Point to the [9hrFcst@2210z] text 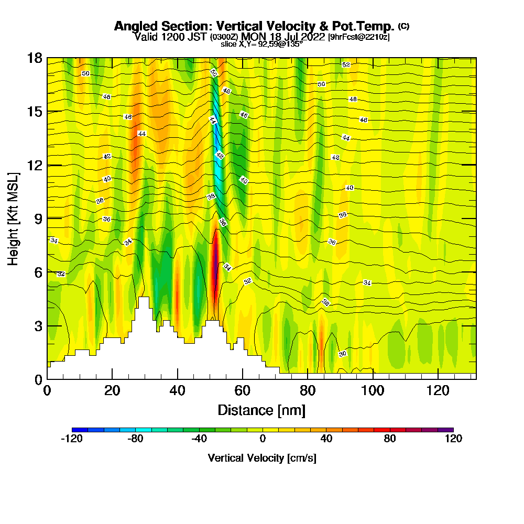click(358, 37)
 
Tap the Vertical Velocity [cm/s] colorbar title click(262, 458)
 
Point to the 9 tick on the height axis click(38, 218)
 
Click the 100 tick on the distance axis click(373, 390)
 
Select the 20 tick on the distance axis click(112, 390)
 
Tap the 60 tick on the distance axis click(242, 390)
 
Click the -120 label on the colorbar click(72, 439)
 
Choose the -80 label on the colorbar click(135, 439)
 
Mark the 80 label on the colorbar click(390, 439)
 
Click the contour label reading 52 click(346, 64)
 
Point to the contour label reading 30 click(342, 354)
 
